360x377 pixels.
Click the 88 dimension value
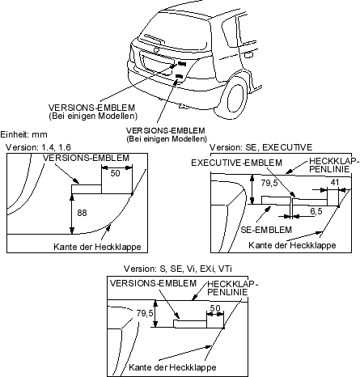(82, 213)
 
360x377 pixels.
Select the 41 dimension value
(334, 182)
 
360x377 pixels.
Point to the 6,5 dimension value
(316, 211)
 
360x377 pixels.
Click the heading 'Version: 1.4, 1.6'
(38, 147)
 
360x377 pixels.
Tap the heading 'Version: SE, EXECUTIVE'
(261, 147)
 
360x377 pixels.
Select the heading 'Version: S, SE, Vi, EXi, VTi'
(178, 269)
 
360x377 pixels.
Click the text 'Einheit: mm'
(23, 134)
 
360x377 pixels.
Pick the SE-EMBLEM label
(266, 230)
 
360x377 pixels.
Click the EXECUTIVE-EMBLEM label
(237, 163)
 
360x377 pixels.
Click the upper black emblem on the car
(182, 64)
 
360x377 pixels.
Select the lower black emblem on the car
(179, 76)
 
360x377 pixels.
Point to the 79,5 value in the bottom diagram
(145, 313)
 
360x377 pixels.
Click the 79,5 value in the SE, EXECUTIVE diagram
(269, 183)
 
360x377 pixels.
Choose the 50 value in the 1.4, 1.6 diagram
(115, 173)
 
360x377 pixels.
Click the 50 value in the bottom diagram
(215, 308)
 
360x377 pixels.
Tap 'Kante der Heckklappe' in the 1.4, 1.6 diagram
(97, 247)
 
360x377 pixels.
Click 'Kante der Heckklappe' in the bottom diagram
(172, 367)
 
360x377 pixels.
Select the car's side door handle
(248, 55)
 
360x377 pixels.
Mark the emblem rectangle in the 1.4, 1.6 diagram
(87, 189)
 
